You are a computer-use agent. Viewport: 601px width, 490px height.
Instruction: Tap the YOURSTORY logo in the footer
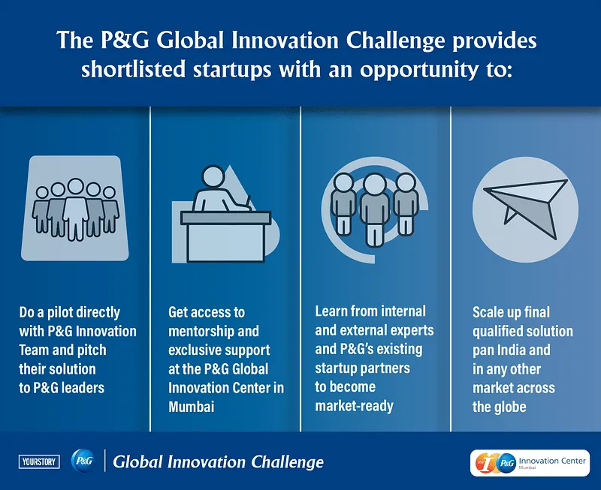38,461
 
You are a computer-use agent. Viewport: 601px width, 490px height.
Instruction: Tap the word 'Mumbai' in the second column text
192,407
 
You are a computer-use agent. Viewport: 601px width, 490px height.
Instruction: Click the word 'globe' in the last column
509,407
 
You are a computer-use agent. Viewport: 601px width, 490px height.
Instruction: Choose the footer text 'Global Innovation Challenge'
218,461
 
